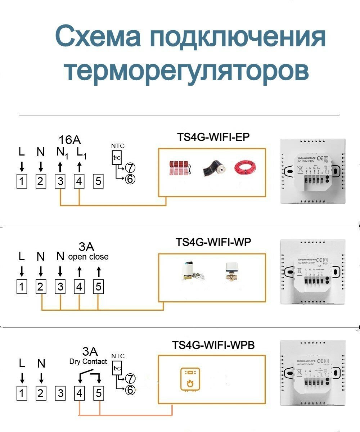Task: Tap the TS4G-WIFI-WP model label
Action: (213, 242)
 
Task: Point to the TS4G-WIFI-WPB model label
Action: (213, 345)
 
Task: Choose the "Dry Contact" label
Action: (88, 361)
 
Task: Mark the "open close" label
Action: (88, 257)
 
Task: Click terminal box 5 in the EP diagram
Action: (98, 181)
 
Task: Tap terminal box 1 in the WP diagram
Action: (22, 287)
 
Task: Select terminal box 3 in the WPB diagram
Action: (60, 393)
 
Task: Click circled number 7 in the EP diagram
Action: (130, 168)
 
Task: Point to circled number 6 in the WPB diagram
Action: (130, 390)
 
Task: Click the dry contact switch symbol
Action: (89, 376)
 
